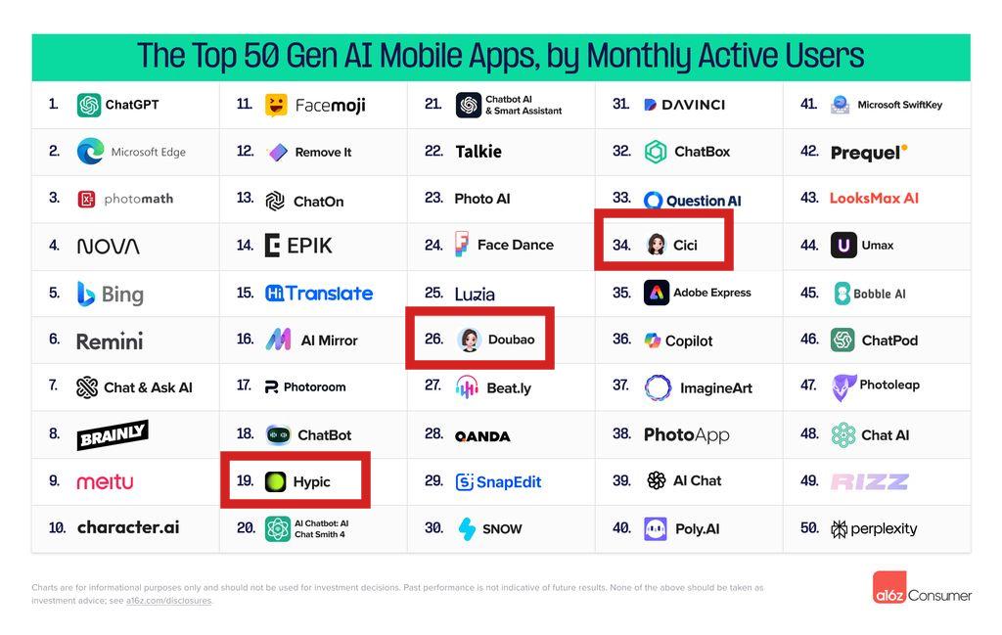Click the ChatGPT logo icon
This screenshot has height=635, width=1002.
click(x=89, y=105)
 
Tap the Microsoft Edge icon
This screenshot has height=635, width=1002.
click(x=90, y=152)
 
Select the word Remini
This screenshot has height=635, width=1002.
click(x=110, y=340)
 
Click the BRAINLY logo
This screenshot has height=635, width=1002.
click(x=113, y=434)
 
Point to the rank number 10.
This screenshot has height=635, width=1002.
click(x=58, y=527)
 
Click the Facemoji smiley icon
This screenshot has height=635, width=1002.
click(x=276, y=105)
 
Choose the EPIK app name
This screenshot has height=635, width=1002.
click(x=308, y=246)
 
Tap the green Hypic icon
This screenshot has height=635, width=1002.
click(x=276, y=481)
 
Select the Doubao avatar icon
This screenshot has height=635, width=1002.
click(x=469, y=340)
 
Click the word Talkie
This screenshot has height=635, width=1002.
click(x=478, y=152)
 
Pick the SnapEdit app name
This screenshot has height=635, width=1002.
click(x=508, y=481)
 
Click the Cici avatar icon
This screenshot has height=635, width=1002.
click(x=656, y=245)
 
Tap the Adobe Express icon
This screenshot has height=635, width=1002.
click(x=657, y=293)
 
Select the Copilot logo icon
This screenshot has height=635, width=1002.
click(x=653, y=340)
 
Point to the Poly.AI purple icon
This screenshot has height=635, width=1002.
click(x=656, y=528)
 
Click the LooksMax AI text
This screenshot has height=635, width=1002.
click(x=874, y=198)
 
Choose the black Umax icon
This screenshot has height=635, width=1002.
click(x=843, y=245)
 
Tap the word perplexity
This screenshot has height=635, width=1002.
click(x=884, y=528)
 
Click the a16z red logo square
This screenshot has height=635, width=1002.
click(x=888, y=587)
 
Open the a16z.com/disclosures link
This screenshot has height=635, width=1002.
click(x=169, y=601)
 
